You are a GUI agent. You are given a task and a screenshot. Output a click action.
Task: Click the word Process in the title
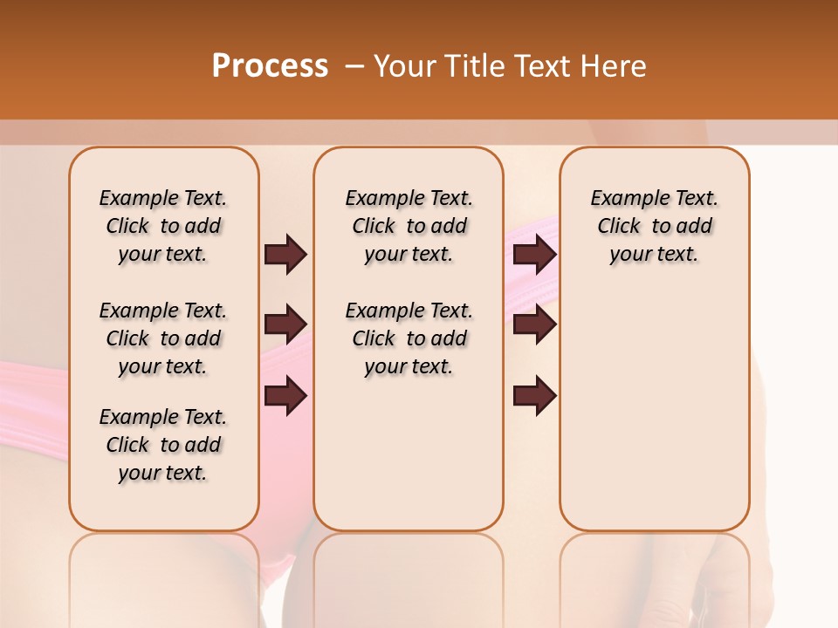point(270,65)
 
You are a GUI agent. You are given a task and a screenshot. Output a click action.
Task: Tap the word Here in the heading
point(615,65)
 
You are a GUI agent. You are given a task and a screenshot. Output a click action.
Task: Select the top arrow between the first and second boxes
point(285,254)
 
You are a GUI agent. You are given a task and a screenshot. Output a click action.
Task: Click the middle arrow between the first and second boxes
point(285,324)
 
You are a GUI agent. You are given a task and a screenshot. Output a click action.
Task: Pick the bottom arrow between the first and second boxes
point(285,395)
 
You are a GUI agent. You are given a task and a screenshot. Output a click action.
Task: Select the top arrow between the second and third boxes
point(534,254)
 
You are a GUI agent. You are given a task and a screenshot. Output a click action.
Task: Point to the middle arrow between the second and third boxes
point(534,324)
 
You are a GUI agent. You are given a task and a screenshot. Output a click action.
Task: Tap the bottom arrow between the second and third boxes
point(534,395)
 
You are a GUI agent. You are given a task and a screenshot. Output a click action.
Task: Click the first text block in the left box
point(163,226)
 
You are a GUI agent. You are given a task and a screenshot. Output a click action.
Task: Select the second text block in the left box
point(163,338)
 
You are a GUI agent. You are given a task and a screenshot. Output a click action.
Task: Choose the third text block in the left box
point(163,445)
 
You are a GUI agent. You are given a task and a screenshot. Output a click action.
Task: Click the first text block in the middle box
point(409,226)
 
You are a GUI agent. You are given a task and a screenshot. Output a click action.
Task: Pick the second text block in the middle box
point(409,338)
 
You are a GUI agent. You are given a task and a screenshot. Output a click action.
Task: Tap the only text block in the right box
point(654,226)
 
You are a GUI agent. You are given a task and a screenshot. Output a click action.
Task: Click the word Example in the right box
point(625,199)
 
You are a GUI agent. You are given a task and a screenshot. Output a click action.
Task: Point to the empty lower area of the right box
point(654,401)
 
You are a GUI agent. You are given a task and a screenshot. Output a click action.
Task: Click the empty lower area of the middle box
point(409,454)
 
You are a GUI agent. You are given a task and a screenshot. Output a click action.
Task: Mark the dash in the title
point(354,65)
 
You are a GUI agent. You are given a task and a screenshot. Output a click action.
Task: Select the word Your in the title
point(406,65)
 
